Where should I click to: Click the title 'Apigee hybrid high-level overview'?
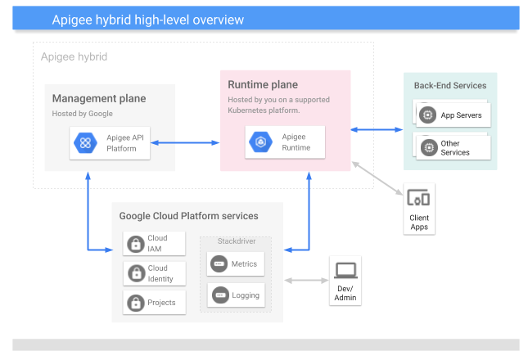tap(147, 19)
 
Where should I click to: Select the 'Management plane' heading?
tap(99, 99)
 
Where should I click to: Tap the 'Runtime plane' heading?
tap(263, 85)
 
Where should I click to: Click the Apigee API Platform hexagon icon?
tap(85, 142)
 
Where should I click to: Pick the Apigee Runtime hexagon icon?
tap(262, 142)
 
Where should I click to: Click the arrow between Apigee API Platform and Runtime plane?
tap(185, 143)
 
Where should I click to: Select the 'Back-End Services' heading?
tap(449, 86)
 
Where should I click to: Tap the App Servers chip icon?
tap(426, 115)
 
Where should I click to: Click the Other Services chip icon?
tap(426, 148)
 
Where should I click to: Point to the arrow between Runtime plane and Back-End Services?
tap(377, 128)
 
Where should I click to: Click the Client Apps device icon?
tap(418, 198)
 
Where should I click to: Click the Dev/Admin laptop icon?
tap(345, 269)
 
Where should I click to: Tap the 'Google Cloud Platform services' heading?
tap(189, 216)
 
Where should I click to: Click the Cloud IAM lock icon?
tap(135, 243)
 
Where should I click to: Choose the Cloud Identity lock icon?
tap(135, 273)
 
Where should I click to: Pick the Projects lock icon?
tap(135, 303)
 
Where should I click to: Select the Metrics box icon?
tap(219, 264)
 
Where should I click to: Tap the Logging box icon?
tap(219, 295)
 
